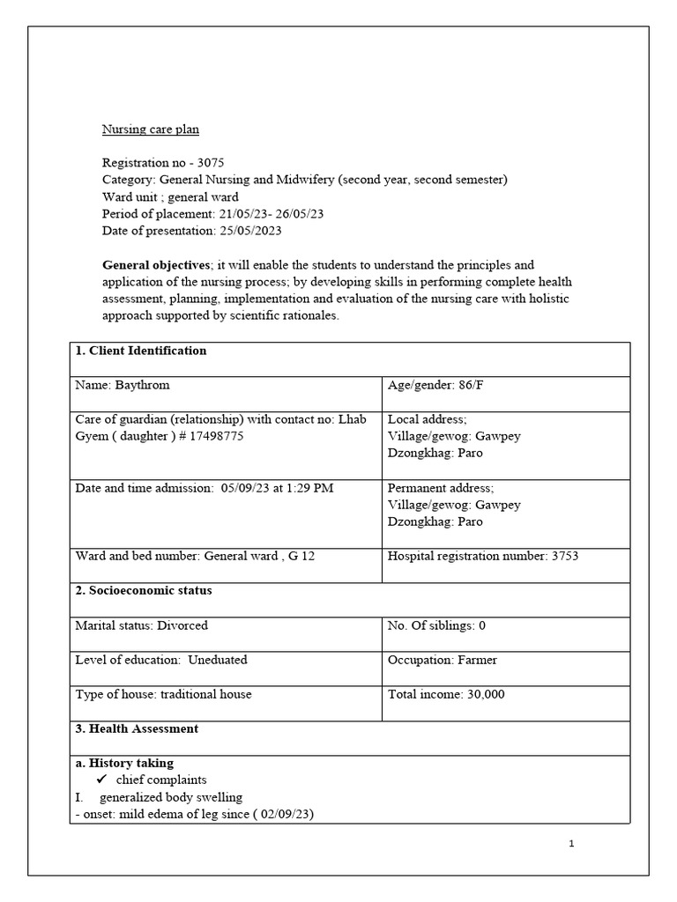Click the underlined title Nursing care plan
[x=151, y=129]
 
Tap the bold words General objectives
[x=156, y=264]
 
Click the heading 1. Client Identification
[x=141, y=351]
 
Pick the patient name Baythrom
[x=144, y=385]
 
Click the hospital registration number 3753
[x=564, y=556]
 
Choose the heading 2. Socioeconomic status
[x=144, y=590]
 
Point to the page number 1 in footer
[x=571, y=844]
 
